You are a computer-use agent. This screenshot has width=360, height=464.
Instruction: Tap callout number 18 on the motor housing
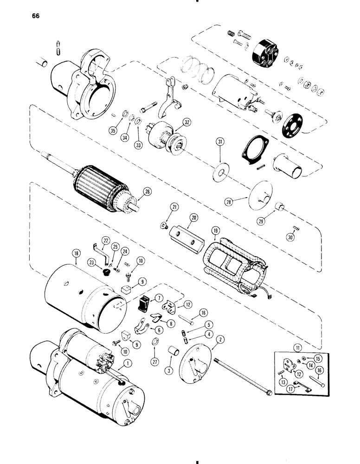coord(76,253)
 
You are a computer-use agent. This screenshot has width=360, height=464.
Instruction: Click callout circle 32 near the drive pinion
coord(186,123)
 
